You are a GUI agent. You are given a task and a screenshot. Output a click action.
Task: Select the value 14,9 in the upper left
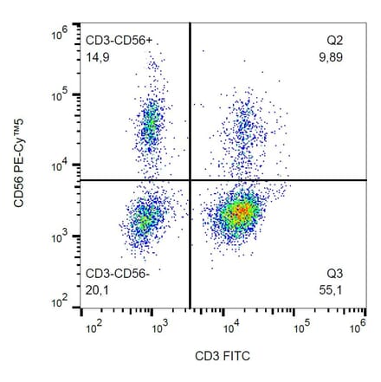point(97,57)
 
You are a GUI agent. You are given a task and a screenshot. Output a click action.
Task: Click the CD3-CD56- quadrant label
point(119,275)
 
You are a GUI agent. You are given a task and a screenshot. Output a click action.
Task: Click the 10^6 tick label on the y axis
point(59,33)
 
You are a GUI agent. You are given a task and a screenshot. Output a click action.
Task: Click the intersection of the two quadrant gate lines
point(190,180)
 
